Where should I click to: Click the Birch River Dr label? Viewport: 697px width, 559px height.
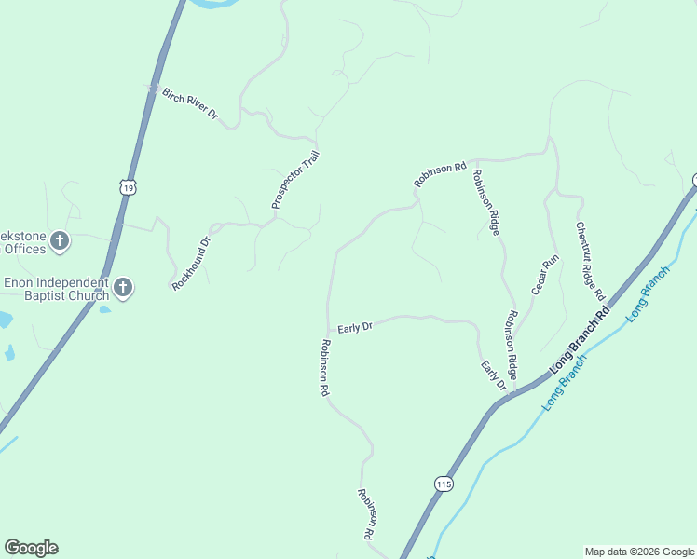189,102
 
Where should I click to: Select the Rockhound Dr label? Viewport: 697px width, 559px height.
192,263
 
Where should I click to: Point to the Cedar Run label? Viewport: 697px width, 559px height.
544,275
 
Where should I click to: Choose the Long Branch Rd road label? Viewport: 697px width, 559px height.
580,340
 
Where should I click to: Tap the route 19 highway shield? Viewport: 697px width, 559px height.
128,186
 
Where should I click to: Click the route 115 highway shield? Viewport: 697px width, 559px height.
443,483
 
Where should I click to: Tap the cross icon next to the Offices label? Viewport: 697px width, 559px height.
60,242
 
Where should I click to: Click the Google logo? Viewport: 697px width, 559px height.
31,548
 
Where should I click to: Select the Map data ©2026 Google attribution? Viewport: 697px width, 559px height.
640,552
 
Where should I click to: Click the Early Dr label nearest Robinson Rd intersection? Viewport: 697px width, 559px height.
355,327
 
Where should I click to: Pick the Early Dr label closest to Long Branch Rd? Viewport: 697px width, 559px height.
493,375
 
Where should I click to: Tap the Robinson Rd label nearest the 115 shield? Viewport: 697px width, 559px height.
368,513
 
